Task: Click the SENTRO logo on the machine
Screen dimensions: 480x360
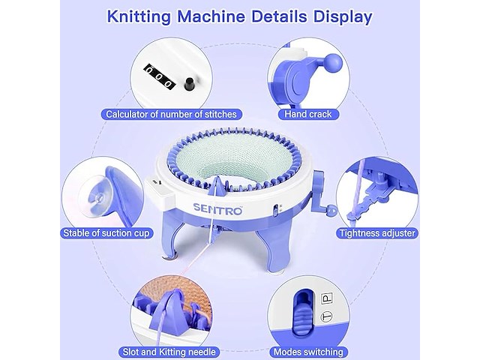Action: point(217,208)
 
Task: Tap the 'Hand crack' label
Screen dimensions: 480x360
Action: point(308,114)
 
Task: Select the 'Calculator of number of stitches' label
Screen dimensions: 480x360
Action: point(171,114)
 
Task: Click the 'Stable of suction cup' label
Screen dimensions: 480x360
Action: point(106,233)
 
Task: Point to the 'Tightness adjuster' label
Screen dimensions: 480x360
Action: point(377,233)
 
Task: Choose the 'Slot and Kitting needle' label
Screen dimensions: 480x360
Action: point(169,352)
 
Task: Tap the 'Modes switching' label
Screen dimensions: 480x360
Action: point(308,352)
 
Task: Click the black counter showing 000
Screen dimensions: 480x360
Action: point(159,77)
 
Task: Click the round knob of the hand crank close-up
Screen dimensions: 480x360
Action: point(333,63)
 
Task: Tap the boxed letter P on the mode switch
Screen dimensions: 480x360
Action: point(327,298)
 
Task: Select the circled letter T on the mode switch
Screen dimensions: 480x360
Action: point(327,317)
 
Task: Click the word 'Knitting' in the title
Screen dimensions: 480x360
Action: point(139,16)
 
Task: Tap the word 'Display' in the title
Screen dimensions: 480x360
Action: point(343,16)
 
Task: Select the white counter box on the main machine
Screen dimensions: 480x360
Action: point(159,191)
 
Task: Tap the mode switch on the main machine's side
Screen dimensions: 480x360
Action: point(275,210)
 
